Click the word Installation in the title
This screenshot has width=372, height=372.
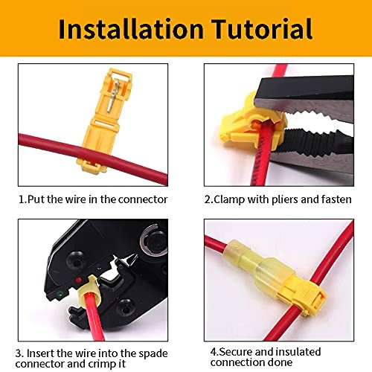pos(131,29)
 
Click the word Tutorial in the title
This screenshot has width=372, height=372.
pos(262,29)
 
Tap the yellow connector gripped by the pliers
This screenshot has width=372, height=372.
pos(253,122)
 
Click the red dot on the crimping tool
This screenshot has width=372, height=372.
pos(78,280)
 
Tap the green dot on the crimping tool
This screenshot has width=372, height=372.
pos(60,295)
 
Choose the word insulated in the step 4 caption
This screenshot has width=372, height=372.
pos(298,352)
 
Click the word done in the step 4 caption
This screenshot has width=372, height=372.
pos(280,362)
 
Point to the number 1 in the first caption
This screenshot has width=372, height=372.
pos(22,199)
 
